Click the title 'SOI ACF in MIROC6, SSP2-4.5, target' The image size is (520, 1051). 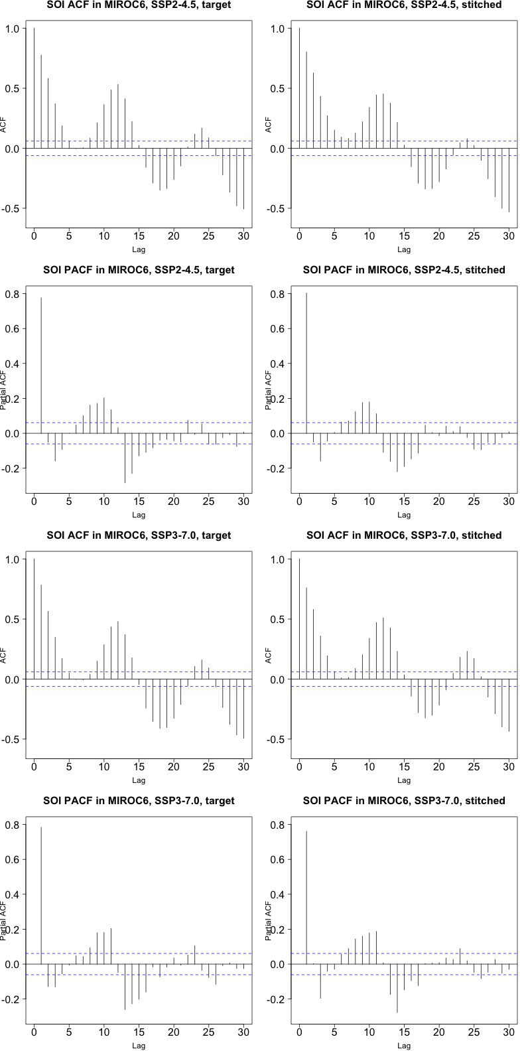coord(139,5)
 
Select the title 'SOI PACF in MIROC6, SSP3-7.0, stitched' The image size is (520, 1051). coord(403,801)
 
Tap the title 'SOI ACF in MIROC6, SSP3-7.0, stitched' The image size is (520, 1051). coord(403,535)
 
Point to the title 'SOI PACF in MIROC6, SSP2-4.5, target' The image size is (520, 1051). coord(139,270)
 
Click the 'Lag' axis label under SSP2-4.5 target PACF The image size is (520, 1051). coord(139,514)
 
